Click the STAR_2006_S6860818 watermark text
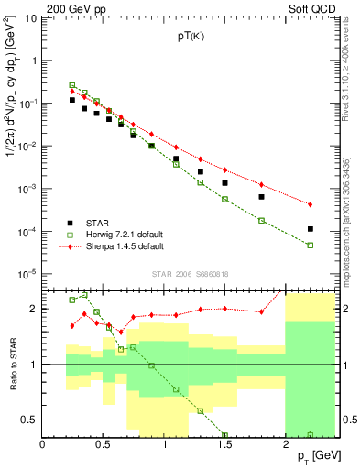point(191,274)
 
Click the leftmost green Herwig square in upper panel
point(72,85)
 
